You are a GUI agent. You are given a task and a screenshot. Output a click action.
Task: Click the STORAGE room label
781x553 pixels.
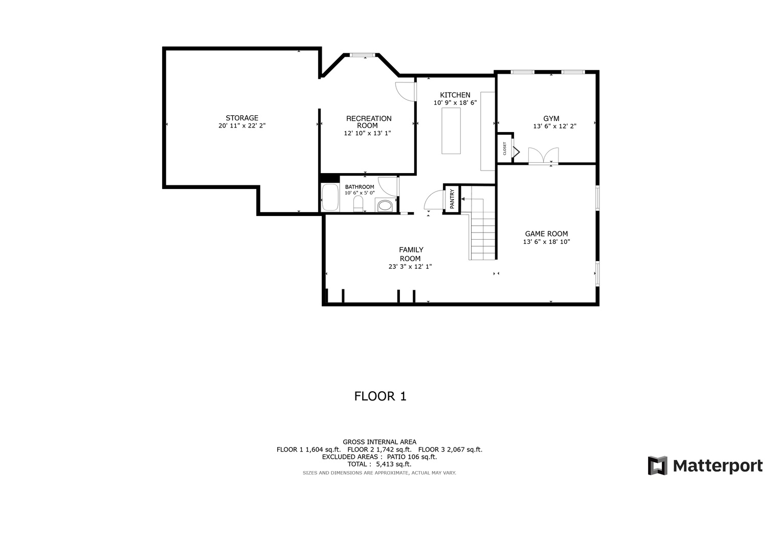(242, 118)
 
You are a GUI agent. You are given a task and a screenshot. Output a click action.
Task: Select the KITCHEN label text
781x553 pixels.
(455, 95)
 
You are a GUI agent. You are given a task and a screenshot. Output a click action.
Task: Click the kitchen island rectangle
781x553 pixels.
(451, 131)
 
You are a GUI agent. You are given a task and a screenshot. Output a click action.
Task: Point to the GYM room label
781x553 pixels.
(551, 118)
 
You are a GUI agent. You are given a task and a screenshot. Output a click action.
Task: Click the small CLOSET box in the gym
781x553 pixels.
(505, 148)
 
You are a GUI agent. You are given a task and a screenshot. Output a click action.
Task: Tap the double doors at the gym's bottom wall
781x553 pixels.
(543, 155)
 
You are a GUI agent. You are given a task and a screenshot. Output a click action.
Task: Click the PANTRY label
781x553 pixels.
(452, 199)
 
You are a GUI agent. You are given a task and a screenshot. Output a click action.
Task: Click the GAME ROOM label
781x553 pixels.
(546, 233)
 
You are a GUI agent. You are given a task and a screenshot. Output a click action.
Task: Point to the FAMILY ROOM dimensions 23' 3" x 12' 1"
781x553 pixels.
(410, 266)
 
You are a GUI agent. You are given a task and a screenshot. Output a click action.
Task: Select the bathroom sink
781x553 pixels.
(385, 206)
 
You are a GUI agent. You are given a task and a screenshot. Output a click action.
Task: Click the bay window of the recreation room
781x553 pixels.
(362, 55)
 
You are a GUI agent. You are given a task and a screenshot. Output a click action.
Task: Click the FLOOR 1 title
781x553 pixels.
(380, 396)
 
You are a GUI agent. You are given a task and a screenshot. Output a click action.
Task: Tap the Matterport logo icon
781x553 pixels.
(658, 465)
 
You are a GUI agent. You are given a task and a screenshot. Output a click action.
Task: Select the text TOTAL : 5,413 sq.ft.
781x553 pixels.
(379, 464)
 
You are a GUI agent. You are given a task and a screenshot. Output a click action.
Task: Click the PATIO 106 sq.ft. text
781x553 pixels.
(412, 457)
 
